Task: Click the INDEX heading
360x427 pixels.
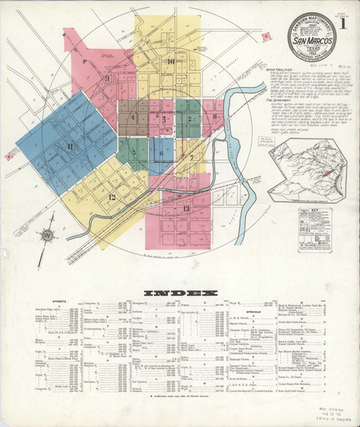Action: tap(179, 293)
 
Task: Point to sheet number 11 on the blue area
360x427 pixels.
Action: tap(70, 147)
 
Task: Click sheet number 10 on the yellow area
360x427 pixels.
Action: tap(171, 61)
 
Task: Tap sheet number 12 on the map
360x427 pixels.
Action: tap(112, 196)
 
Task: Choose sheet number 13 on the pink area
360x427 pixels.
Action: tap(186, 208)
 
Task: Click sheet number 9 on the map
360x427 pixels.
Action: tap(107, 78)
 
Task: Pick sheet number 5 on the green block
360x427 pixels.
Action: tap(132, 152)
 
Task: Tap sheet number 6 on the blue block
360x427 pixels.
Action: tap(162, 152)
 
